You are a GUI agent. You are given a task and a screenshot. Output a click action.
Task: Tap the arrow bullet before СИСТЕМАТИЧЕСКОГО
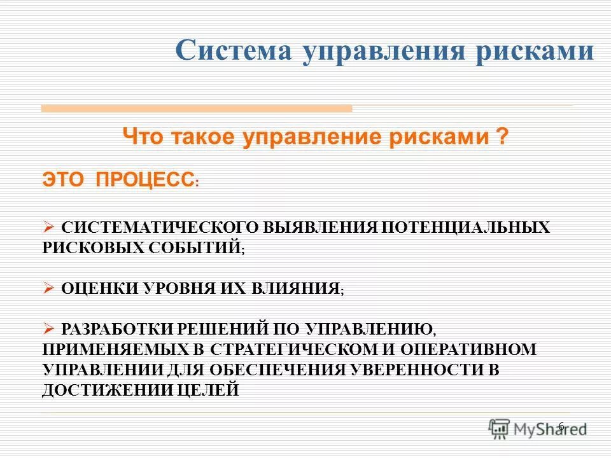[50, 227]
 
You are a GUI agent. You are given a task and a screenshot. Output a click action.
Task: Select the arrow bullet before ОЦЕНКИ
[50, 288]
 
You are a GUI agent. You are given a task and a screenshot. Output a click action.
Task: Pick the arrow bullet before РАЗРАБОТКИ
[50, 328]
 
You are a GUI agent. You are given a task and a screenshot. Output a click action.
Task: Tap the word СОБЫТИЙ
[195, 247]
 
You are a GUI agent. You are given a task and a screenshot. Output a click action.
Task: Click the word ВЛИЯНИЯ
[300, 288]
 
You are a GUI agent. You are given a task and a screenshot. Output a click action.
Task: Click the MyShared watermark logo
[538, 428]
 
